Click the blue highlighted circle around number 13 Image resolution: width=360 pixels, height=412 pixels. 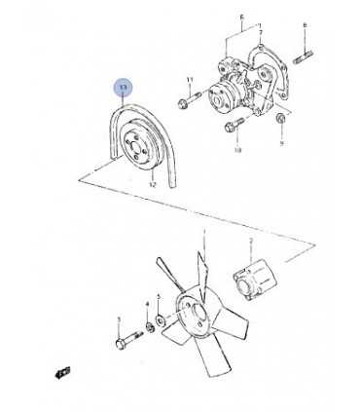click(x=122, y=89)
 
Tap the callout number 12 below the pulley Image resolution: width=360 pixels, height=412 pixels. click(x=153, y=183)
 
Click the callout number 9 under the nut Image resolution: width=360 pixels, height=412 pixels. click(x=281, y=143)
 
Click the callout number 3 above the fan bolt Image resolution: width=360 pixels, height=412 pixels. click(x=119, y=319)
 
